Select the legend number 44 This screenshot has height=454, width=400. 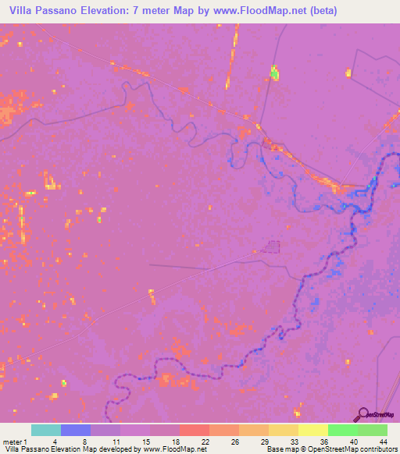tap(382, 442)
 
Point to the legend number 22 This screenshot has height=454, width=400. tap(204, 442)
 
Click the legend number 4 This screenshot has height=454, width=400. tap(55, 442)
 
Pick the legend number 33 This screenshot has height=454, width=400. tap(293, 442)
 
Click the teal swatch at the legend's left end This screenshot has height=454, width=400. tap(45, 430)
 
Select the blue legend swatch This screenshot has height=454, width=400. tap(75, 430)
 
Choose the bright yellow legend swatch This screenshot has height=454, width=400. tap(312, 430)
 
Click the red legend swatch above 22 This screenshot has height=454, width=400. tap(194, 430)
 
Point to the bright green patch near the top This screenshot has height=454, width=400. tap(274, 74)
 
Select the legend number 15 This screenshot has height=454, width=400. tap(145, 442)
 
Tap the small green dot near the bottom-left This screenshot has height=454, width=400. tap(64, 383)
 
